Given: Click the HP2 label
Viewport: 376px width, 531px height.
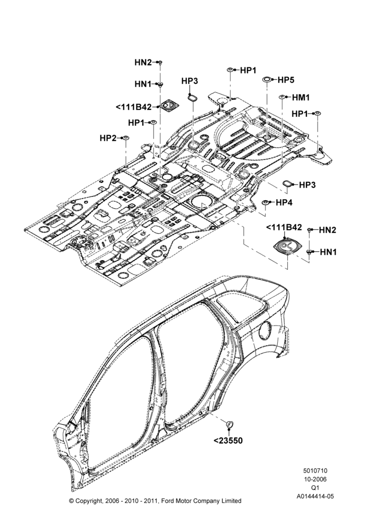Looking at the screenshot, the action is [x=108, y=138].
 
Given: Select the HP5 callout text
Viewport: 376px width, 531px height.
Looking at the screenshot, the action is [x=286, y=80].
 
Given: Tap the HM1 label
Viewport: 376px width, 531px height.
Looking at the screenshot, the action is [x=301, y=98].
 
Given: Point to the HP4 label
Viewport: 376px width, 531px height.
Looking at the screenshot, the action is [x=284, y=202].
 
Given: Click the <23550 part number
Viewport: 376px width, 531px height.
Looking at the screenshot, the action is [x=228, y=440].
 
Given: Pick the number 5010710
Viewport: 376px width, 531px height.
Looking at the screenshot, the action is [x=315, y=470].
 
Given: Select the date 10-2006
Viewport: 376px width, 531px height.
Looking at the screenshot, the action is [x=315, y=479].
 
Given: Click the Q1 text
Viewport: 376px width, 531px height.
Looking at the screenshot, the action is [x=315, y=487].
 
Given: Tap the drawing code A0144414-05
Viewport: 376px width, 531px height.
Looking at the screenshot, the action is [x=315, y=496].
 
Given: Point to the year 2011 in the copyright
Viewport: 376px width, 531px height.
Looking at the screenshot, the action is [x=151, y=501].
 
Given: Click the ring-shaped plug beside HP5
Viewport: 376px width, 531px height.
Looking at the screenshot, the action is [x=267, y=80].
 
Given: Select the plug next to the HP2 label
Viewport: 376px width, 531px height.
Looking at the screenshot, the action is [x=126, y=138].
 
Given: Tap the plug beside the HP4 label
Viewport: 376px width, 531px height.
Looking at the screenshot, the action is [x=265, y=202].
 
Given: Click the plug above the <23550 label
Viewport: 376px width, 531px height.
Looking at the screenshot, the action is [x=229, y=424].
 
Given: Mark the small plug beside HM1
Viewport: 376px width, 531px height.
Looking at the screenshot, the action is [x=281, y=97].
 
